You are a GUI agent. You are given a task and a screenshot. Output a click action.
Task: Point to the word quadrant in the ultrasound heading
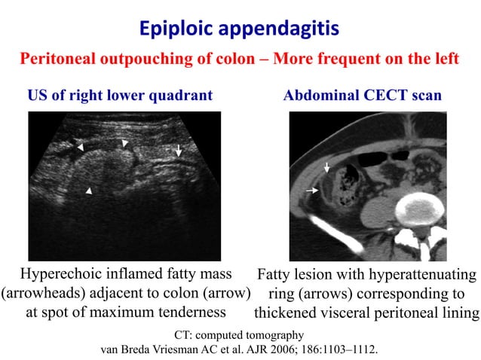click(x=180, y=96)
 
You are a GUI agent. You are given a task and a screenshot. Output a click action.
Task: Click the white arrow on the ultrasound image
click(x=179, y=150)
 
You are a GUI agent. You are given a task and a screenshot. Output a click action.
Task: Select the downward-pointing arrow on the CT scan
click(x=326, y=166)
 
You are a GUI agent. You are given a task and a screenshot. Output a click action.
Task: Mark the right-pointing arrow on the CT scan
click(x=311, y=193)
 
